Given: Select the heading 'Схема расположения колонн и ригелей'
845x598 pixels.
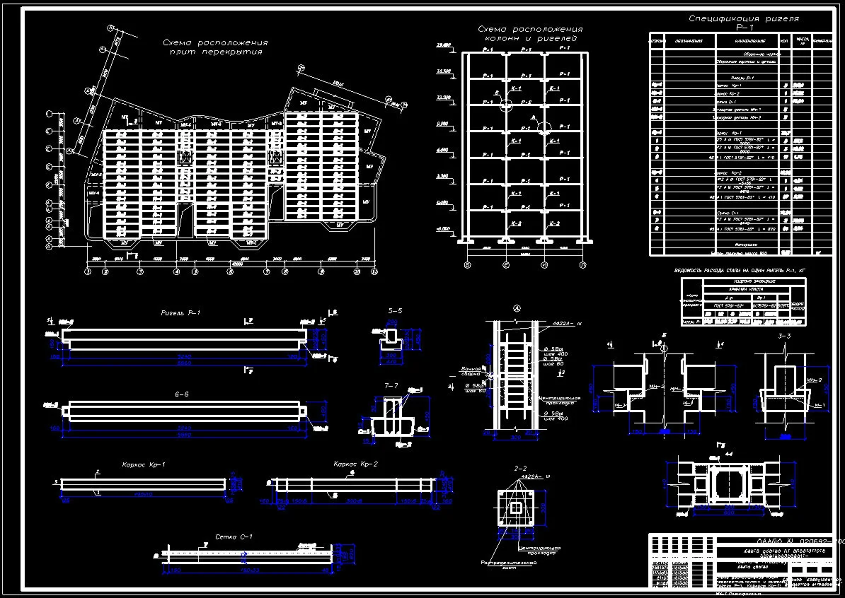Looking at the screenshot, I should tap(531, 33).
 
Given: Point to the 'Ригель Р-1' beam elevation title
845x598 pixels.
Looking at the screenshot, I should tap(180, 312).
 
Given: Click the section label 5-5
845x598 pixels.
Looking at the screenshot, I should tap(395, 311).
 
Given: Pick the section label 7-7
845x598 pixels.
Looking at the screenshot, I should tap(392, 386).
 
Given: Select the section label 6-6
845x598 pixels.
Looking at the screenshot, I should tap(182, 393).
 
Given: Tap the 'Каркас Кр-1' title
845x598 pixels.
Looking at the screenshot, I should tap(144, 464).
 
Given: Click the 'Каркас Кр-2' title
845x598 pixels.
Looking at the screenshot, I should tap(355, 464).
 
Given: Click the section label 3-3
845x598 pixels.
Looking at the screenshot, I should tap(784, 336).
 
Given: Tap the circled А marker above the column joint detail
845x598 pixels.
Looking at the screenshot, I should tap(516, 308).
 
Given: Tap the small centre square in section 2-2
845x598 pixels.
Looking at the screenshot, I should tap(517, 508).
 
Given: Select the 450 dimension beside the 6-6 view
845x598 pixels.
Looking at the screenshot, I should tap(326, 410).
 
